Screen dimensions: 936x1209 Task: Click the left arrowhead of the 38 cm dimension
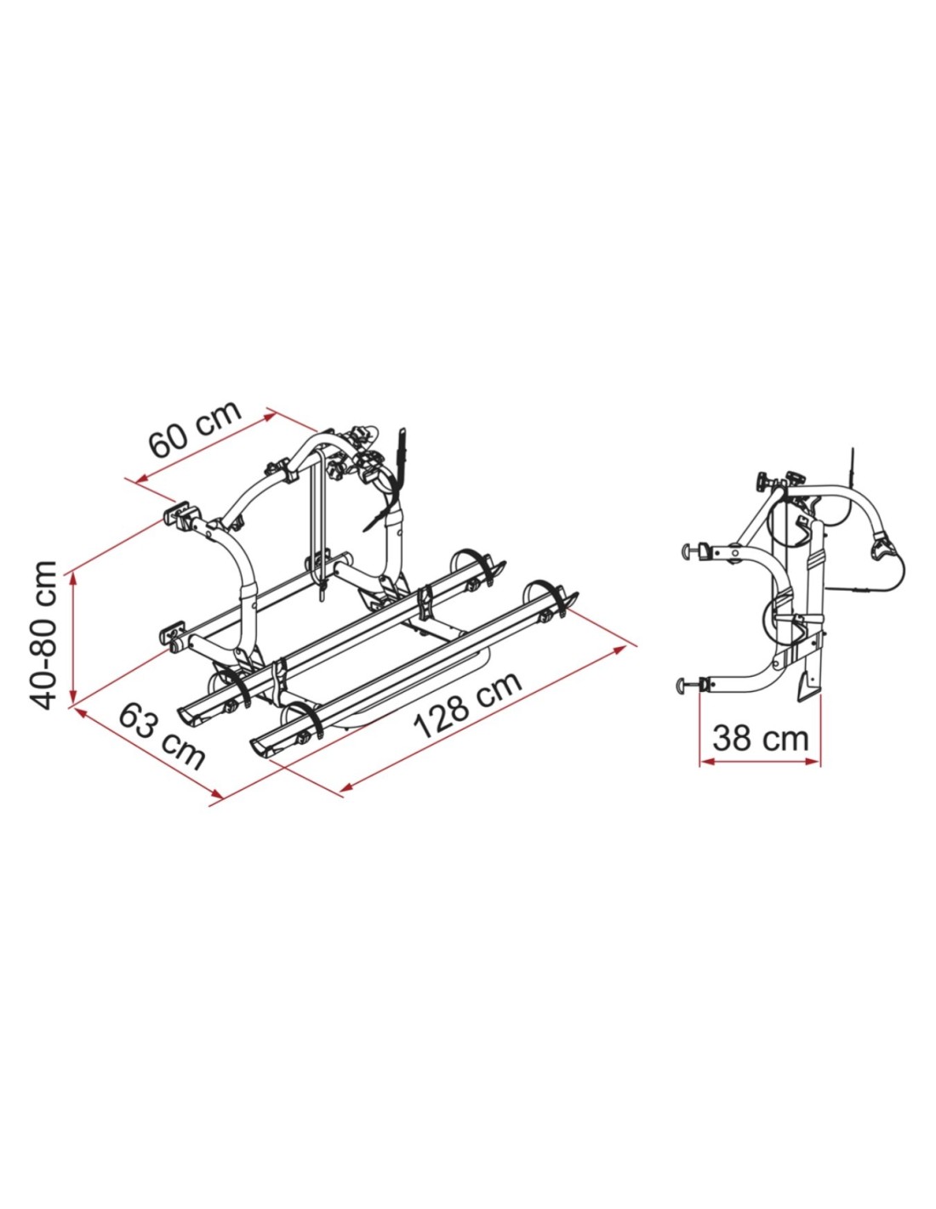pyautogui.click(x=706, y=763)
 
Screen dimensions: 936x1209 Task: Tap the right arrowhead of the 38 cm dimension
pyautogui.click(x=813, y=763)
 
